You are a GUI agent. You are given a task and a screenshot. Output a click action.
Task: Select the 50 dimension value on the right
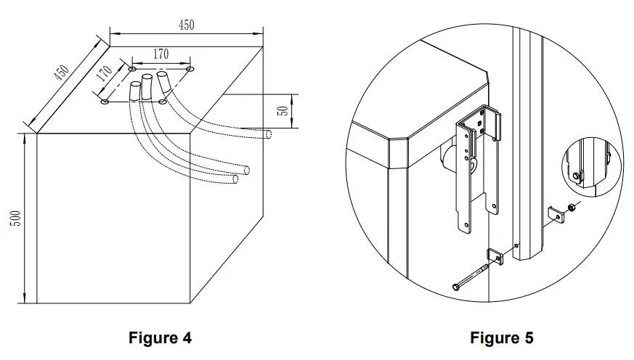285,111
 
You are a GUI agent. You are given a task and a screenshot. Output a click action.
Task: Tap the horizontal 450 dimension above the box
186,25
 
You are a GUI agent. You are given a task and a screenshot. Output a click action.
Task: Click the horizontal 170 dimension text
160,53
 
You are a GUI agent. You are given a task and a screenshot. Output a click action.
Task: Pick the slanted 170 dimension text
104,75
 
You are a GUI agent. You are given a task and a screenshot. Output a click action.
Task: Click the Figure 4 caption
160,338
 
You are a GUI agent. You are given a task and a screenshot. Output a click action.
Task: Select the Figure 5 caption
501,338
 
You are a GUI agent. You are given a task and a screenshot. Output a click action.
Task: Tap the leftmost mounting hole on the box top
105,102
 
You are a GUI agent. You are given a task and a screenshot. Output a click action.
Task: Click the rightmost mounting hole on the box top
190,70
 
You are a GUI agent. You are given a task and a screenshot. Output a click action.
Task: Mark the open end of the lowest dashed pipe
235,179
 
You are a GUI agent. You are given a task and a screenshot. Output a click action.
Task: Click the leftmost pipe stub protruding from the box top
135,91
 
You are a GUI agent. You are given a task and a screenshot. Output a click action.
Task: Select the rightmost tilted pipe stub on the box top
164,80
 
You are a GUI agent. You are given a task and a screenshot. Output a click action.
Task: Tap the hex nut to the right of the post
572,208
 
